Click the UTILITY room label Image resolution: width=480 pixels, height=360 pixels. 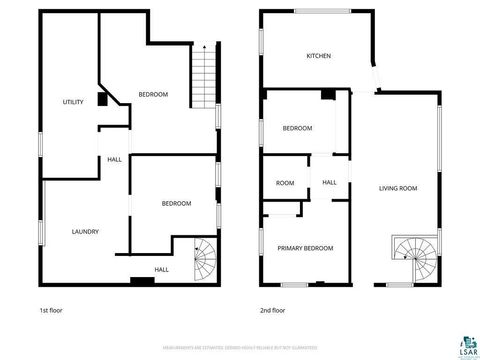click(73, 102)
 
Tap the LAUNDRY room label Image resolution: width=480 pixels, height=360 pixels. click(85, 232)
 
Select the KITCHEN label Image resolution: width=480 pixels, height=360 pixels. click(318, 56)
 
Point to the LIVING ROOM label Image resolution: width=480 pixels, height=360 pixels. click(398, 188)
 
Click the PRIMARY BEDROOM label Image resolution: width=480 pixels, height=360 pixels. click(305, 248)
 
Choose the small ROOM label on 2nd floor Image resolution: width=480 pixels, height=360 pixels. click(285, 183)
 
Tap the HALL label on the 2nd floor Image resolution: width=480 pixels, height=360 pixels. click(329, 182)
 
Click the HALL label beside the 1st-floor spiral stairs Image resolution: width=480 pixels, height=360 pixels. click(161, 269)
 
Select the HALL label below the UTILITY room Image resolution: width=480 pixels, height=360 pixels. click(115, 159)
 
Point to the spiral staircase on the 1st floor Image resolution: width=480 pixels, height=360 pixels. click(204, 262)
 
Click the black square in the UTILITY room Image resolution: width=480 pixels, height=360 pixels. click(102, 99)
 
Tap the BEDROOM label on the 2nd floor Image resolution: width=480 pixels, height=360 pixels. click(297, 128)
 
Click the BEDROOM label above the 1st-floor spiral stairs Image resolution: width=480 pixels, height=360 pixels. click(177, 204)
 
